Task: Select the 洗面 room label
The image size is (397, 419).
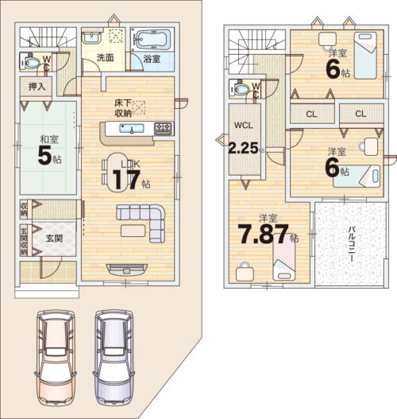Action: pos(105,58)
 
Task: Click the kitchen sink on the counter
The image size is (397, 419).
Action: pos(132,129)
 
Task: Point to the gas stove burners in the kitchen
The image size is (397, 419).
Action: pos(164,129)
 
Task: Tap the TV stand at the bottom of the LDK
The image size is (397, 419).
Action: pos(127,270)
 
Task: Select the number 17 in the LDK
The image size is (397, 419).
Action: pos(126,180)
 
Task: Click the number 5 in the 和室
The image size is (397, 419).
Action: pos(44,155)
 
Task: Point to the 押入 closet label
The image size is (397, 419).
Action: pos(37,87)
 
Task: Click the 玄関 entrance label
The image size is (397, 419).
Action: pos(54,238)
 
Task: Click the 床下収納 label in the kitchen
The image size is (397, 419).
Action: pos(123,108)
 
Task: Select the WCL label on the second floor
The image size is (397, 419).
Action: pos(243,126)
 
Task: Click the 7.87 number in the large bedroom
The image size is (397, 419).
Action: pos(263,234)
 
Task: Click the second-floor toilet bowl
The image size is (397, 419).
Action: pos(241,89)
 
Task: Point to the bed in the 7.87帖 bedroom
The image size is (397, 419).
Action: pos(284,256)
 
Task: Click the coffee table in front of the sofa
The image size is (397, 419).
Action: pos(133,231)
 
